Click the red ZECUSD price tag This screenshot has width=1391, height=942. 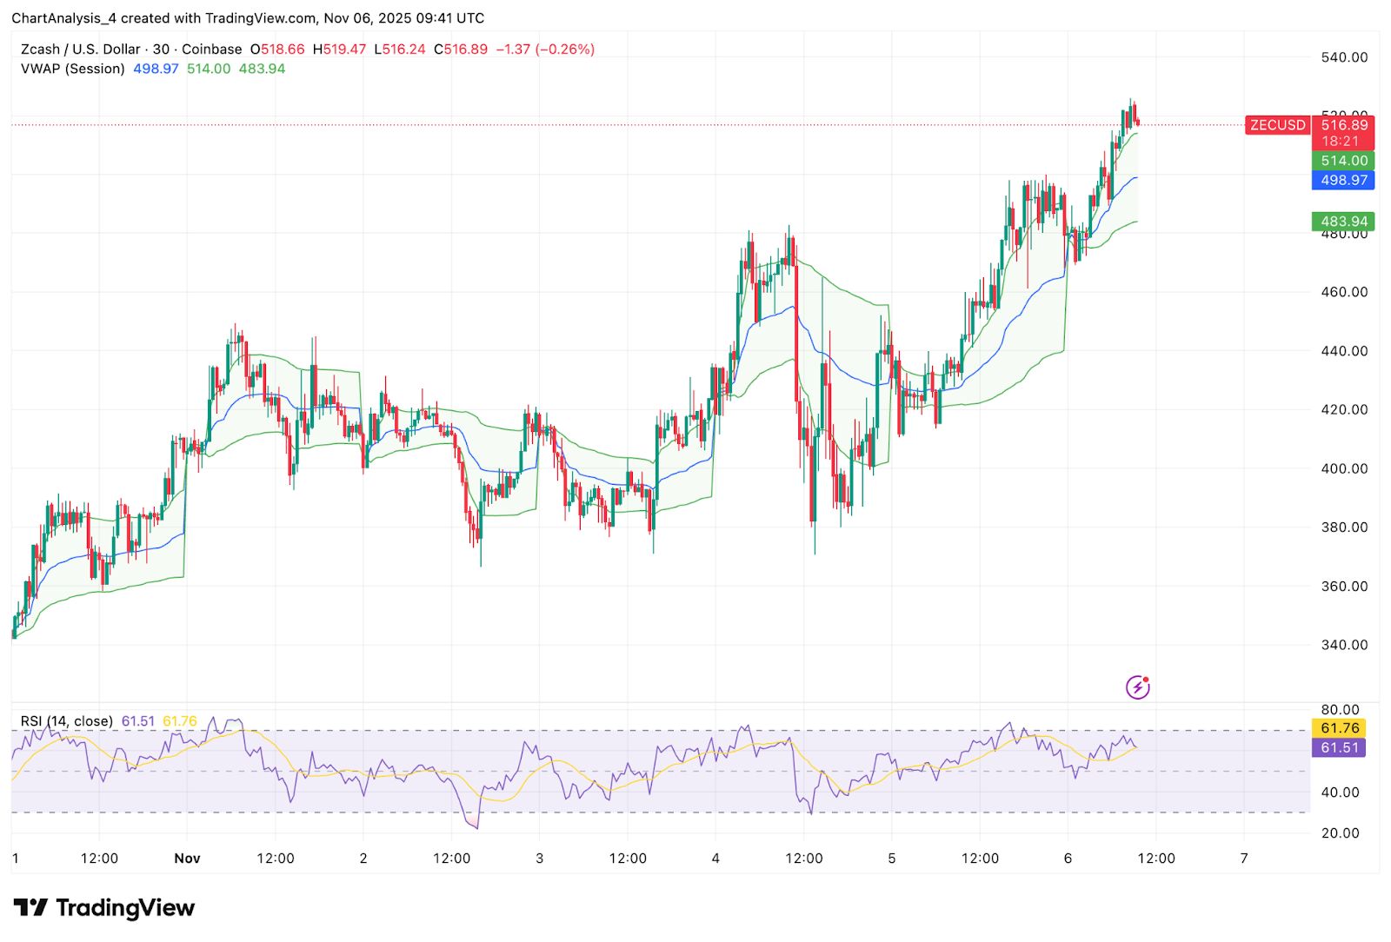(x=1277, y=125)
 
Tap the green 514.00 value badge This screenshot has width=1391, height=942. (x=1343, y=161)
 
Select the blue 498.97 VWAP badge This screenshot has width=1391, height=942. (x=1343, y=180)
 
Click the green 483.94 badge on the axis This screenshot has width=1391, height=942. (x=1343, y=222)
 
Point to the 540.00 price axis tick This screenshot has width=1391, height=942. (x=1344, y=57)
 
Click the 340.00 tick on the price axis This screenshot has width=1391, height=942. (x=1344, y=645)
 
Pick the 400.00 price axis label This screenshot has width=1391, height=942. (x=1344, y=468)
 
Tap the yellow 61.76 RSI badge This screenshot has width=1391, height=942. (x=1339, y=728)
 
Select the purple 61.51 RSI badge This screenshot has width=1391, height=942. (x=1339, y=747)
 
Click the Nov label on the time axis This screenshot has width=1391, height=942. (x=187, y=859)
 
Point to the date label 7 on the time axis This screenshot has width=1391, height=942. (x=1244, y=859)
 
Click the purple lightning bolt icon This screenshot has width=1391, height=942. (x=1137, y=687)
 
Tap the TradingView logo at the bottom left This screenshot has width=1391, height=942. (x=104, y=908)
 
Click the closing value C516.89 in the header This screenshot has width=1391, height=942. (x=461, y=50)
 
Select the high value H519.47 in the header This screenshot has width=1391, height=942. (x=339, y=50)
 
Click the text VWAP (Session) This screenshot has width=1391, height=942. (x=73, y=69)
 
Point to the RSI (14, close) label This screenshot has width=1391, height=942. (x=67, y=721)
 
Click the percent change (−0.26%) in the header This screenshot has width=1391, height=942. (x=565, y=50)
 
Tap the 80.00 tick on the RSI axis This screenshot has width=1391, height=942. (x=1340, y=710)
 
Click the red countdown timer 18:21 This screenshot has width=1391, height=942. (x=1340, y=141)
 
